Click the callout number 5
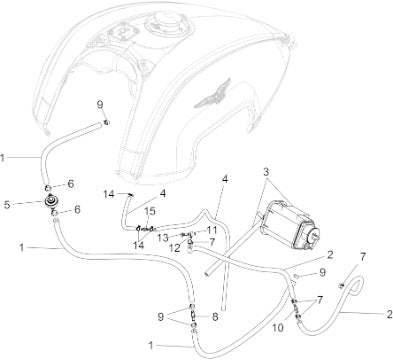click(x=7, y=205)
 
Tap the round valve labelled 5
click(x=51, y=201)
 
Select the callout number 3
click(x=266, y=172)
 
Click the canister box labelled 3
click(x=289, y=224)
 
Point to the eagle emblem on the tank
click(x=212, y=94)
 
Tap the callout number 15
click(x=150, y=211)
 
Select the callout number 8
click(x=215, y=317)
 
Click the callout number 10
click(x=277, y=328)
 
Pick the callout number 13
click(x=163, y=238)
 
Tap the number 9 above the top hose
click(x=100, y=105)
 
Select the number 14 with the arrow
click(x=109, y=194)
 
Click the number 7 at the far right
click(x=362, y=257)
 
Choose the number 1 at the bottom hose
click(x=151, y=346)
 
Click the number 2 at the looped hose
click(x=389, y=314)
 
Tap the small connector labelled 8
click(x=193, y=316)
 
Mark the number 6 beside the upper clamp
click(x=71, y=184)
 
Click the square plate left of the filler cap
click(x=122, y=32)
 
